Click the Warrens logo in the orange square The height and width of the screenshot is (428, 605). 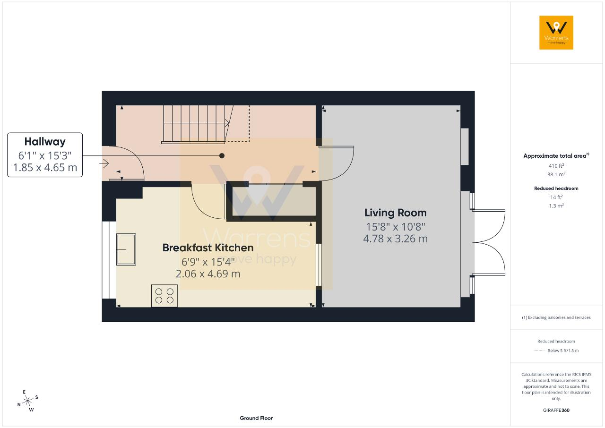pyautogui.click(x=556, y=33)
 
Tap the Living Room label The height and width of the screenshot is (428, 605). pyautogui.click(x=396, y=213)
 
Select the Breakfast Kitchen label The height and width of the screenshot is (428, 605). pyautogui.click(x=208, y=248)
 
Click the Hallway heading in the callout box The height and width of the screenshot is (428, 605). pyautogui.click(x=45, y=142)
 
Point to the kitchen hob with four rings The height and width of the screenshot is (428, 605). pyautogui.click(x=164, y=296)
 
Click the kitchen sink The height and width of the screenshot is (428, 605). pyautogui.click(x=126, y=249)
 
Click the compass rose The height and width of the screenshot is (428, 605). pyautogui.click(x=27, y=401)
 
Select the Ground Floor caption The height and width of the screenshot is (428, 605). pyautogui.click(x=256, y=418)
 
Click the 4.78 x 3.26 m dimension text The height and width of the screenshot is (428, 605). pyautogui.click(x=396, y=239)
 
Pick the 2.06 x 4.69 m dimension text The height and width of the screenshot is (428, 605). pyautogui.click(x=208, y=274)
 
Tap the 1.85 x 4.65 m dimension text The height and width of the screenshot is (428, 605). pyautogui.click(x=45, y=167)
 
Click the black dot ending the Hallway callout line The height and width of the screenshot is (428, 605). pyautogui.click(x=222, y=156)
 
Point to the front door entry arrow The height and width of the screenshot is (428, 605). pyautogui.click(x=104, y=163)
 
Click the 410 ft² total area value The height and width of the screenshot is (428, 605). pyautogui.click(x=556, y=166)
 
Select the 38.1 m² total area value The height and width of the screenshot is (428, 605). pyautogui.click(x=556, y=174)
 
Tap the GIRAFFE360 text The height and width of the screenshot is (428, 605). pyautogui.click(x=556, y=410)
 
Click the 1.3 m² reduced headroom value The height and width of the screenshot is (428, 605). pyautogui.click(x=556, y=205)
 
